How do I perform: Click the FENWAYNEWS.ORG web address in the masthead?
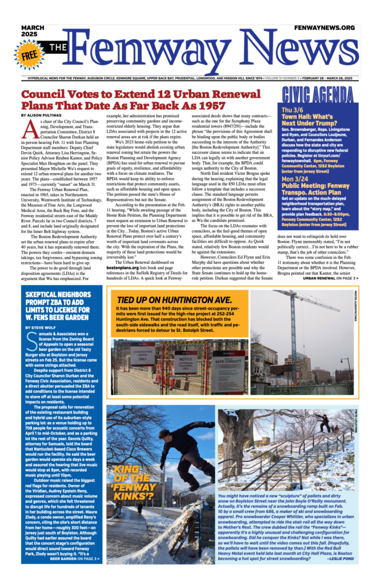click(325, 27)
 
